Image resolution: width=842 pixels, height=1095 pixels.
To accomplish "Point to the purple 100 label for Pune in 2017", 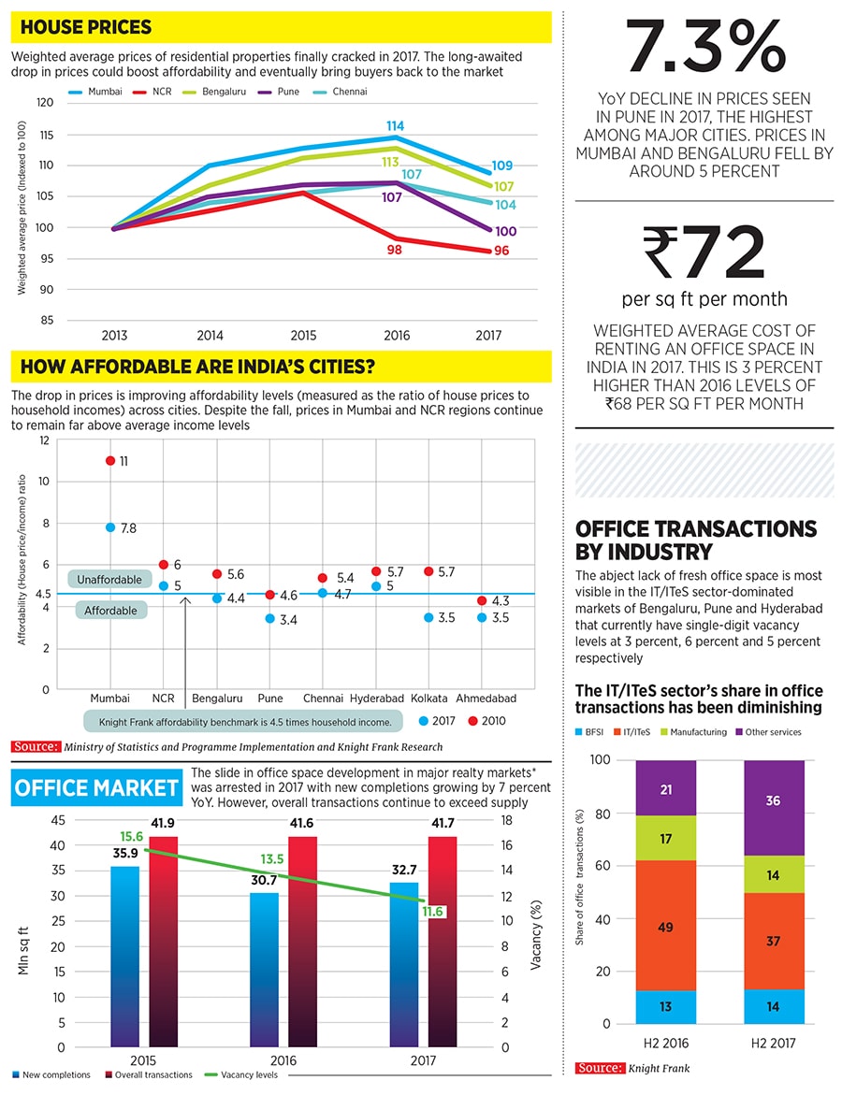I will [505, 231].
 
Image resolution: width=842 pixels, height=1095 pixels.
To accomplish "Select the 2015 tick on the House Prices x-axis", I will [303, 335].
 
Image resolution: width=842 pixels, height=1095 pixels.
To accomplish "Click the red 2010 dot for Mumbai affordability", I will [110, 461].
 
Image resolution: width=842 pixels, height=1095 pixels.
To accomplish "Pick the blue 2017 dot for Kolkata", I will [428, 617].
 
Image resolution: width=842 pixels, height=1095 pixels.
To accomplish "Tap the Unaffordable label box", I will [109, 580].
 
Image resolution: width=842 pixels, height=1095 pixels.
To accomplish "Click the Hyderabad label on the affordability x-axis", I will [376, 699].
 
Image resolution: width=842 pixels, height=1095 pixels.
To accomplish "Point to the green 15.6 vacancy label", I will [131, 837].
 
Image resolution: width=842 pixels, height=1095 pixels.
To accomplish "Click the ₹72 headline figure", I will [704, 253].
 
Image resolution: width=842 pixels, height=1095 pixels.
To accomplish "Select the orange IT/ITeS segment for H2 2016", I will [666, 927].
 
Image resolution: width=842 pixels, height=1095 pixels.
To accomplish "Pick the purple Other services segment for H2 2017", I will [774, 801].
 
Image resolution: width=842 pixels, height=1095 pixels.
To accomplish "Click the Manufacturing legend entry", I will [694, 732].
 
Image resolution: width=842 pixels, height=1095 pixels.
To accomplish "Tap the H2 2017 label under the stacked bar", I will [774, 1043].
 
